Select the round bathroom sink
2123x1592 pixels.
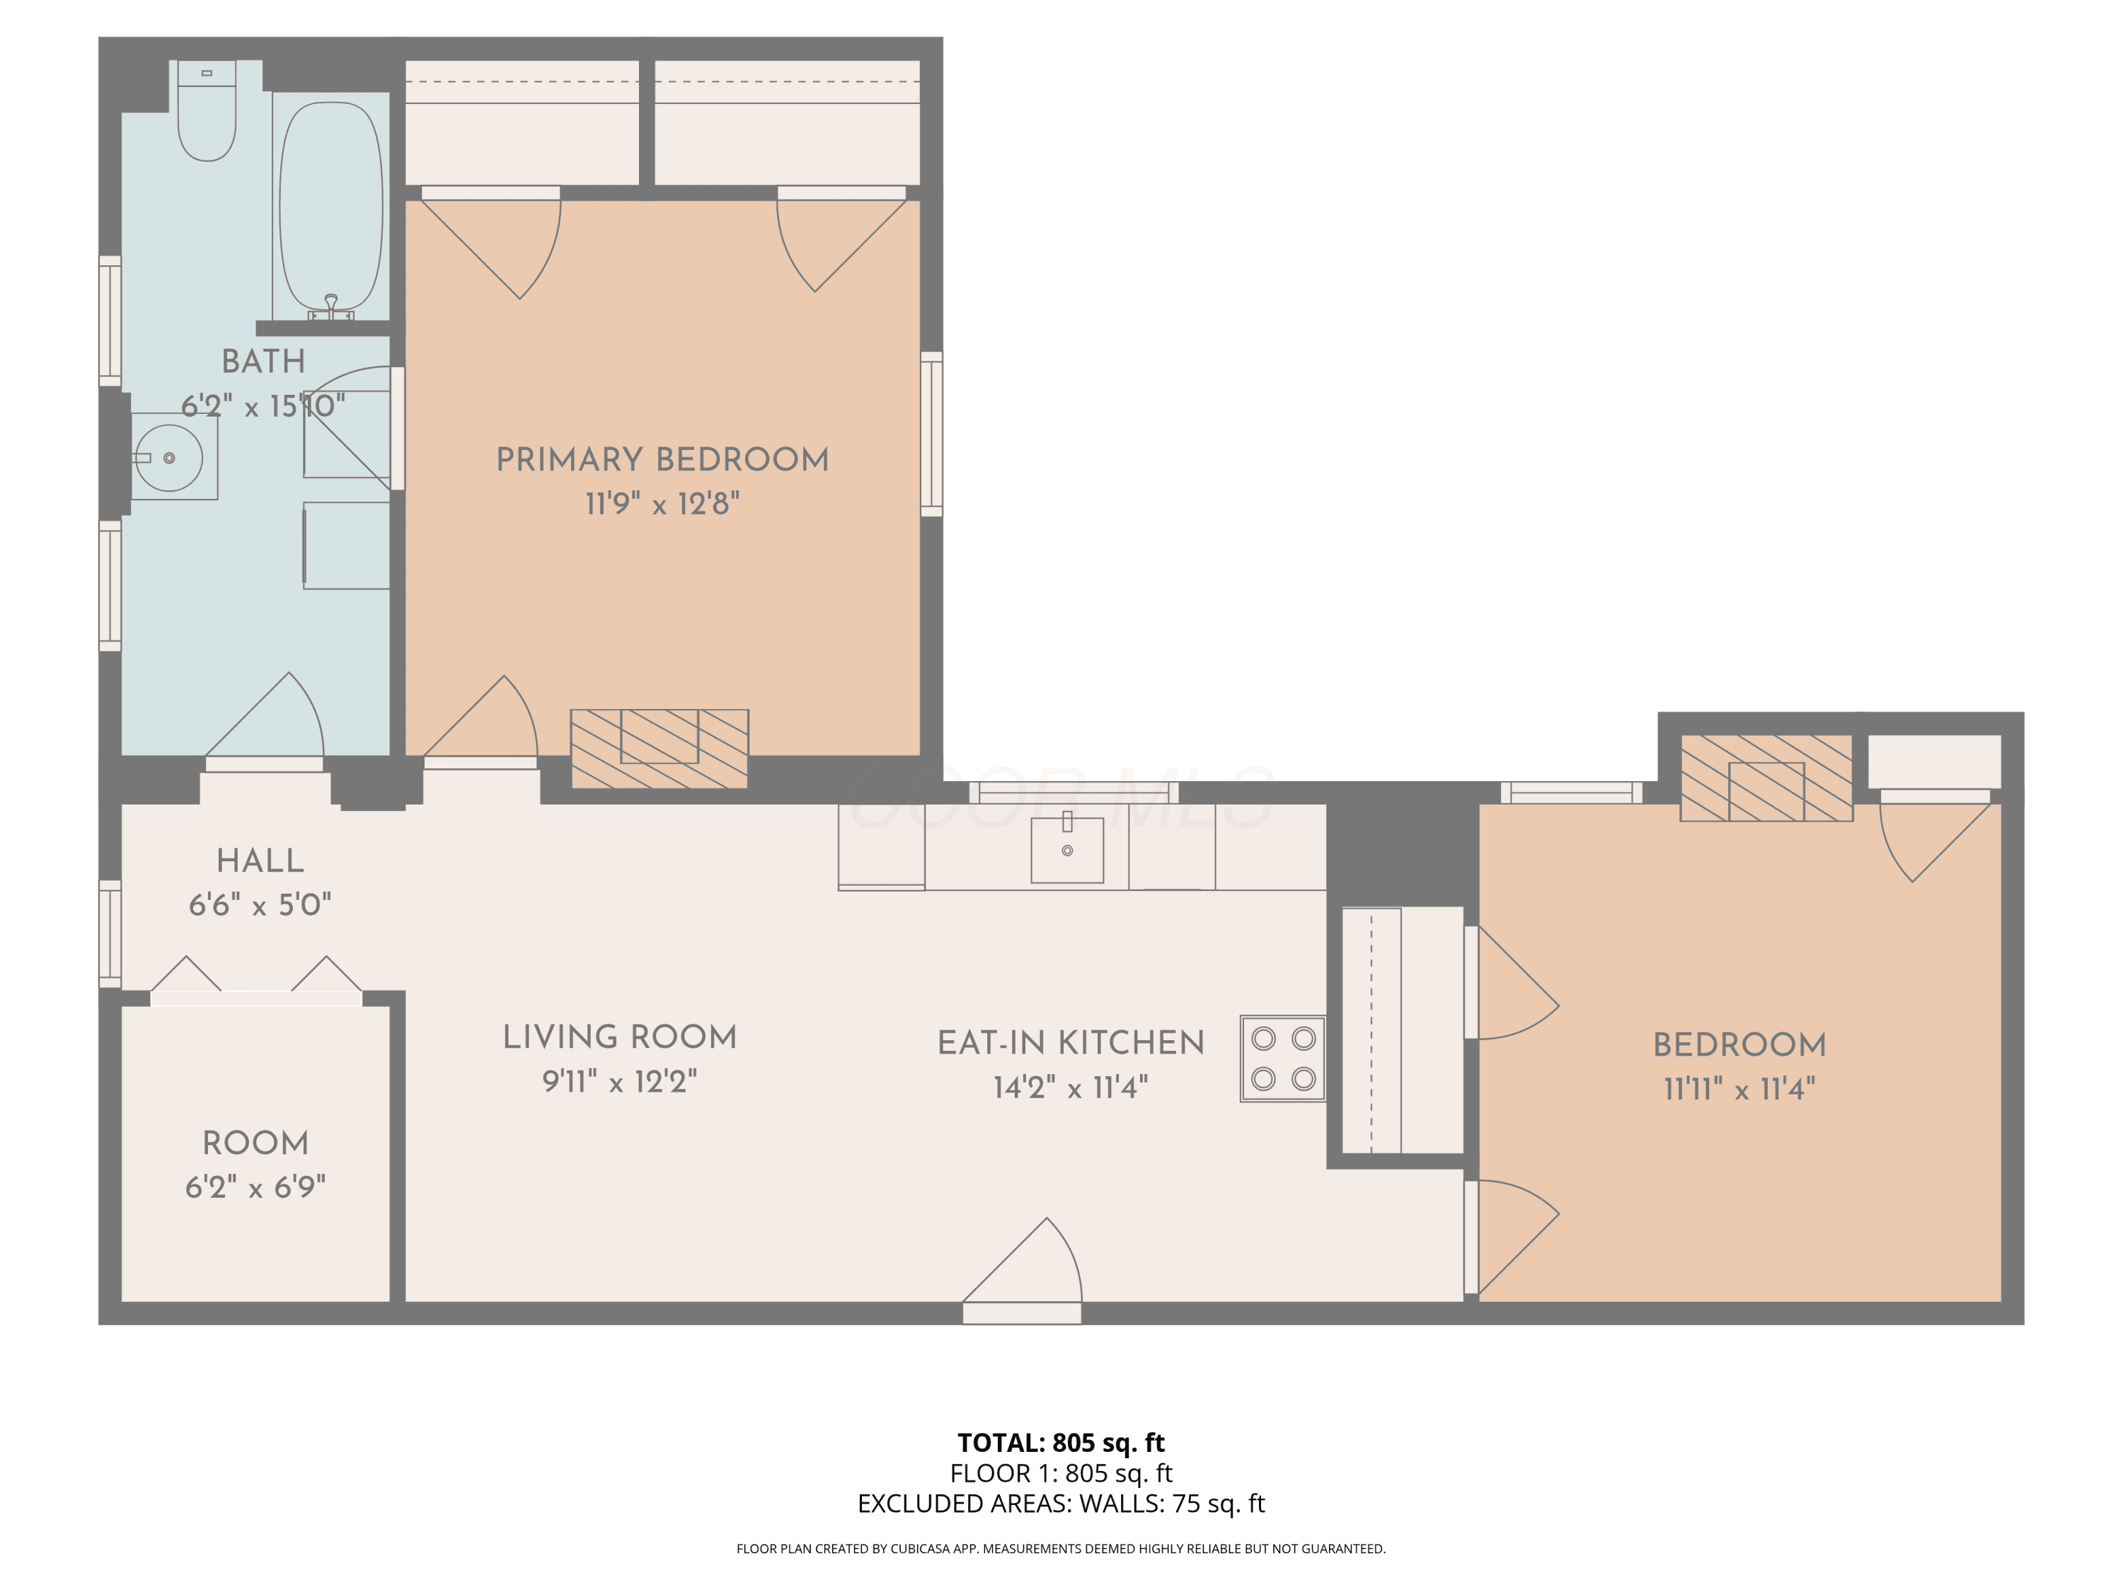pos(169,458)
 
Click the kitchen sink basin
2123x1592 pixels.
pos(1066,848)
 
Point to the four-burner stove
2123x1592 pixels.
pos(1283,1059)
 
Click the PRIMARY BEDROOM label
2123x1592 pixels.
pos(662,460)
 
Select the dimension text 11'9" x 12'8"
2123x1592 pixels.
pos(662,504)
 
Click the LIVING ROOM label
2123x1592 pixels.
pos(620,1037)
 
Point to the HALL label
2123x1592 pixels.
pos(260,861)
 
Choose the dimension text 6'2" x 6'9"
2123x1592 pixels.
pos(255,1187)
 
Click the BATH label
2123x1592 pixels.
pos(263,362)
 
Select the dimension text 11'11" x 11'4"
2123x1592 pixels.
pos(1739,1089)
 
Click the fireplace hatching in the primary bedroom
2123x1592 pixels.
pos(660,749)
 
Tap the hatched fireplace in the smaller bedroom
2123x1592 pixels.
pos(1766,778)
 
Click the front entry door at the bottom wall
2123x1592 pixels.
pos(1022,1271)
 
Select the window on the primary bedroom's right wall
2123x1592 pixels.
pos(931,434)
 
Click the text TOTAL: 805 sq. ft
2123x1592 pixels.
pos(1061,1442)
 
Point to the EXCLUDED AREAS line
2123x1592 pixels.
pos(1061,1504)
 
